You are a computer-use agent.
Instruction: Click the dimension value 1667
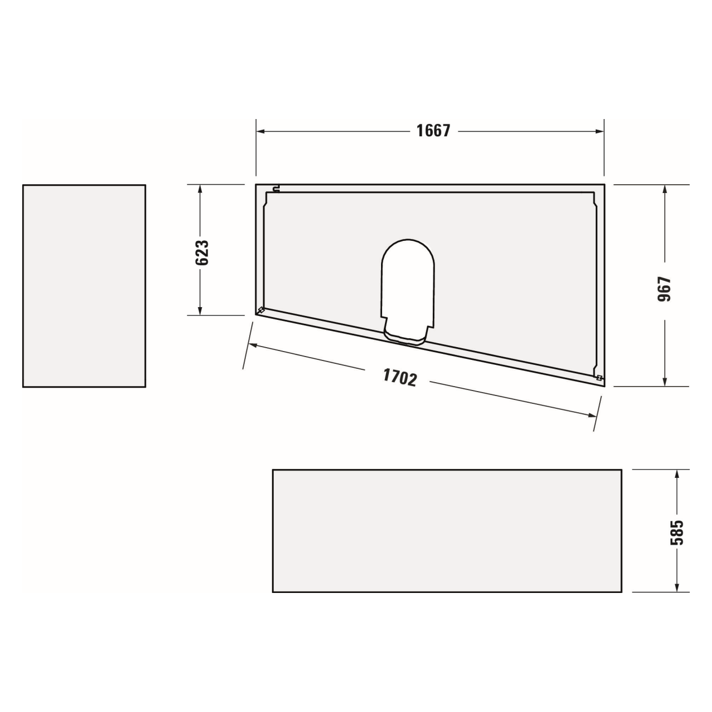point(433,131)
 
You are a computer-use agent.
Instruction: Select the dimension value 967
point(665,289)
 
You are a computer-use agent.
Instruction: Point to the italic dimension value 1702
point(399,378)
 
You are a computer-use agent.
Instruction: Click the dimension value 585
point(677,532)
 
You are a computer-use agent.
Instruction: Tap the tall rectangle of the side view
point(84,286)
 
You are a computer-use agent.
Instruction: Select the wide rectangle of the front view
point(447,531)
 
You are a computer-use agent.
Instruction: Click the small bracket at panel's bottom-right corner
point(599,378)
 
